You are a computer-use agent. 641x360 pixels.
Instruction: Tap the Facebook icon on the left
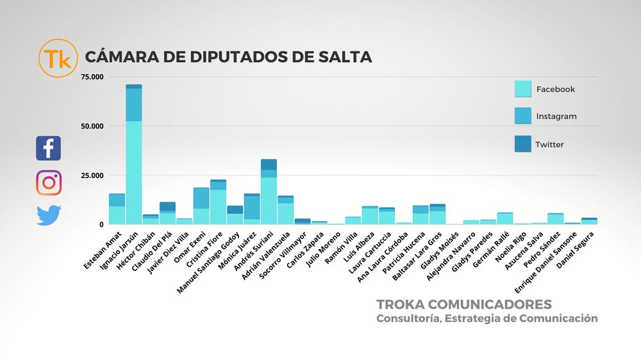coord(49,148)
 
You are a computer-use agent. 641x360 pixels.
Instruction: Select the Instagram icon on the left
coord(49,183)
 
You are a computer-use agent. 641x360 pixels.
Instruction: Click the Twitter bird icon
coord(49,215)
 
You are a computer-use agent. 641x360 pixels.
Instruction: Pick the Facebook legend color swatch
coord(523,89)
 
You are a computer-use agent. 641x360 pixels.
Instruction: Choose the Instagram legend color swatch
coord(523,116)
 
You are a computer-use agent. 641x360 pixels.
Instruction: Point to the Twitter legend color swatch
coord(523,143)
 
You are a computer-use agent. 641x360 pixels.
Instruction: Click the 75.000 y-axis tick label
coord(90,77)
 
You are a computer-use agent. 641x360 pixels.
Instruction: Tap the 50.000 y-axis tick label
coord(90,126)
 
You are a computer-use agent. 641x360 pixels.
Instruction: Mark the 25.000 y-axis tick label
coord(90,176)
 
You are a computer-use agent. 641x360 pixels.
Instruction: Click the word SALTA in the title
coord(345,56)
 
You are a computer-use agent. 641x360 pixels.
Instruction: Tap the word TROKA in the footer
coord(401,304)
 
